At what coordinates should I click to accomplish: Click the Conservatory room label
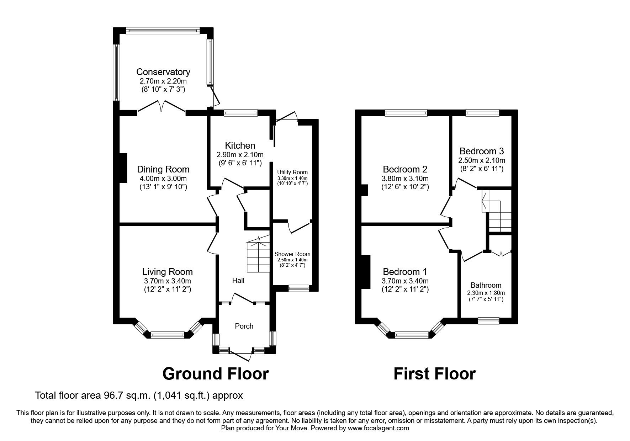tap(163, 72)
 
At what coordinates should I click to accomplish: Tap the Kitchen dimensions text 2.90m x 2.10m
tap(240, 155)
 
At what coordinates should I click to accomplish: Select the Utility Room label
tap(292, 172)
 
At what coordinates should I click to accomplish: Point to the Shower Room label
tap(292, 254)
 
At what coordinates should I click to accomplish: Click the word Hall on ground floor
tap(238, 281)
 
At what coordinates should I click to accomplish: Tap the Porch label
tap(244, 326)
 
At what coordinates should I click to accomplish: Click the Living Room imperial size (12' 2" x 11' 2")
tap(167, 289)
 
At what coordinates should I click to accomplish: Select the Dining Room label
tap(163, 169)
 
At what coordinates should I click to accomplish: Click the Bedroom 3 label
tap(482, 151)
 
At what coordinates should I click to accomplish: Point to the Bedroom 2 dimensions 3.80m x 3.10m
tap(405, 178)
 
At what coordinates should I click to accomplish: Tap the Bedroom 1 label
tap(405, 272)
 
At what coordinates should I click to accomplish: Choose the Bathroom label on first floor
tap(486, 285)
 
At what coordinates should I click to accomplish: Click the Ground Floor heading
tap(215, 374)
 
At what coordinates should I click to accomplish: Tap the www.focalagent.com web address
tap(378, 428)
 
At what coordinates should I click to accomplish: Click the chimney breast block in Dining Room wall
tap(122, 168)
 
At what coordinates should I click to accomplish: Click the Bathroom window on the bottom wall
tap(488, 320)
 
